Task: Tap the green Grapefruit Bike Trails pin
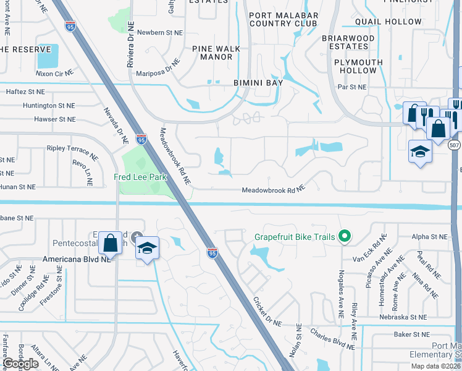tap(345, 237)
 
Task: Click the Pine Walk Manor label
tap(212, 52)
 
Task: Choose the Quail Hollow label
tap(388, 22)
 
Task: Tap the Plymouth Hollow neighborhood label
tap(358, 66)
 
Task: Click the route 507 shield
tap(455, 145)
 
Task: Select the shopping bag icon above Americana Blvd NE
tap(110, 243)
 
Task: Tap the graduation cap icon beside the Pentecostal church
tap(146, 249)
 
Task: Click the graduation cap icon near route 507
tap(419, 151)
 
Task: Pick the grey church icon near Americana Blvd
tap(136, 236)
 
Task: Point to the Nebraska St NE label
tap(402, 317)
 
